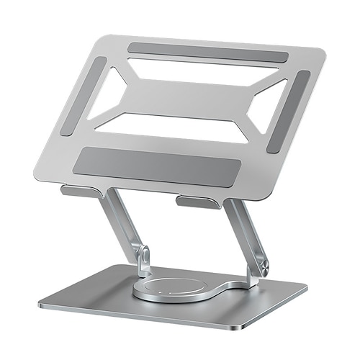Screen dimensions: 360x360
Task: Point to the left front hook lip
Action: click(79, 191)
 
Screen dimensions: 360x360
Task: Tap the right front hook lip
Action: click(198, 202)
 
